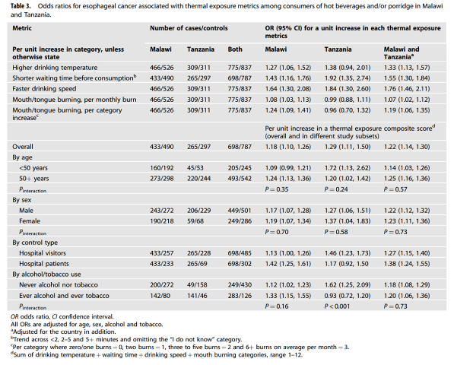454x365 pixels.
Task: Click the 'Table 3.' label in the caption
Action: (21, 6)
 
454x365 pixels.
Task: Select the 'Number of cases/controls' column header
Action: (189, 28)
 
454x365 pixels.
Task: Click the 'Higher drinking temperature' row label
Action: (55, 68)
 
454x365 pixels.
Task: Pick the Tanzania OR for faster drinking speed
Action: (348, 89)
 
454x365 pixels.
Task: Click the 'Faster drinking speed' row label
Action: (44, 89)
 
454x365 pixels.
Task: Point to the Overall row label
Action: (23, 147)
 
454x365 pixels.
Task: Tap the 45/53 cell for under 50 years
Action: (195, 168)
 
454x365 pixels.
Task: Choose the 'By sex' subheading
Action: (22, 200)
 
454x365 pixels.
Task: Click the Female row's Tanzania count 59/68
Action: (195, 221)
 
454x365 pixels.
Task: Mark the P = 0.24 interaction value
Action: (336, 189)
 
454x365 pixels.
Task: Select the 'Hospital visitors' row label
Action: (43, 253)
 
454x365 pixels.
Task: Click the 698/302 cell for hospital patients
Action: (240, 264)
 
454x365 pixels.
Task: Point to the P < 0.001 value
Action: (337, 306)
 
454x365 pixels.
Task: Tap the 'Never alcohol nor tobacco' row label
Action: (59, 285)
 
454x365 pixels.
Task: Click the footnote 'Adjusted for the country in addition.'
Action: (63, 332)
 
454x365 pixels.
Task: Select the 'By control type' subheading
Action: (35, 243)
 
